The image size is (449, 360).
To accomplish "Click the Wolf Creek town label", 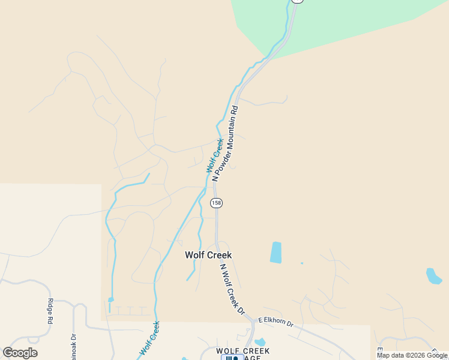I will pos(208,255).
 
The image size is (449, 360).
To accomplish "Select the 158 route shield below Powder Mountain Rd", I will pos(216,203).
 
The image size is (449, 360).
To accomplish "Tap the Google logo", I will pos(20,353).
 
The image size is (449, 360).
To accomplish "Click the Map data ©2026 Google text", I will pos(412,355).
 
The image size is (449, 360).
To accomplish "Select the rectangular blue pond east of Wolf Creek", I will pos(276,252).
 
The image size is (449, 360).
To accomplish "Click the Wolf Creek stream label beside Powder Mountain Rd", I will pos(215,156).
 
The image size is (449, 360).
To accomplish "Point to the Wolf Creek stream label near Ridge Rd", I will pos(149,338).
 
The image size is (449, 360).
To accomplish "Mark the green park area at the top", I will pos(336,24).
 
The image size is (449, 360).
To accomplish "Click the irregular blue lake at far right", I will pos(433,276).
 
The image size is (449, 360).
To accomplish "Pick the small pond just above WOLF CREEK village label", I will pos(259,343).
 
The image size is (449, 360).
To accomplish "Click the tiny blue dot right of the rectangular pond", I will pos(301,263).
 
